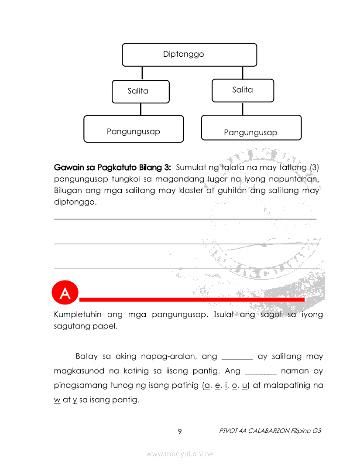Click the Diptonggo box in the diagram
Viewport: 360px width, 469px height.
click(x=189, y=55)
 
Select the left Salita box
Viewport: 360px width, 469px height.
click(x=141, y=91)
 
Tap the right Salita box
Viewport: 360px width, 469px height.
click(x=243, y=90)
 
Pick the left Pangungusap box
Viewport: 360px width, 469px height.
click(x=134, y=129)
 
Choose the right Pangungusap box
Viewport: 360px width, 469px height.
click(x=251, y=128)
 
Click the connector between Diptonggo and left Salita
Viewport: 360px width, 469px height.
click(x=141, y=73)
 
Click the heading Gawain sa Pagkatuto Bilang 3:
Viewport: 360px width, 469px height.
click(x=113, y=168)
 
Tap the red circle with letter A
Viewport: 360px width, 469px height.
click(x=65, y=294)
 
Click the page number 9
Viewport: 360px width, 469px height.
click(x=180, y=432)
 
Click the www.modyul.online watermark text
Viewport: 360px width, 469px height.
click(x=180, y=454)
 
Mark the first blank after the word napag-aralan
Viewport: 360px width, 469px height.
click(x=237, y=357)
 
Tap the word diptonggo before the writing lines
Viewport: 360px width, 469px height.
click(x=75, y=202)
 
